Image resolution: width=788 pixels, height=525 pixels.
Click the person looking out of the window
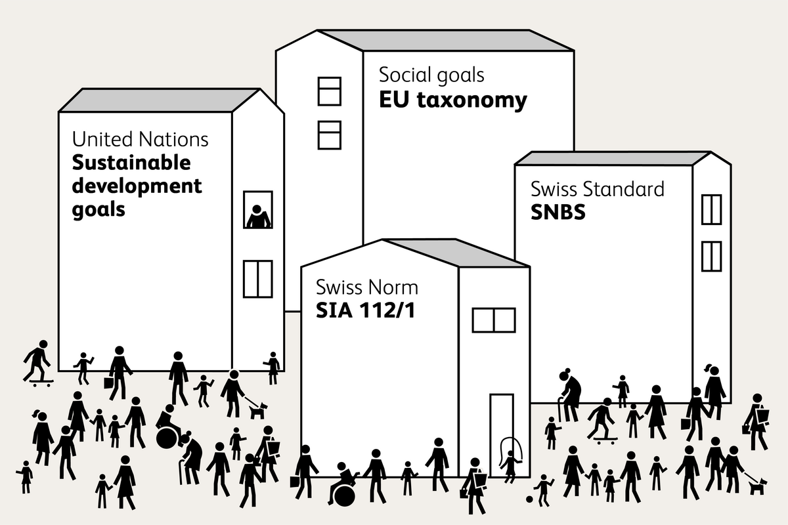[x=258, y=216]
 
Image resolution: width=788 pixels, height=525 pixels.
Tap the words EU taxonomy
[x=453, y=100]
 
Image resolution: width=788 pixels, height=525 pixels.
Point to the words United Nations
[x=140, y=140]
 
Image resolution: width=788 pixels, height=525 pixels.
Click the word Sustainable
[x=131, y=163]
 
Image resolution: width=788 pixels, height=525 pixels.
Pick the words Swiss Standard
[x=597, y=190]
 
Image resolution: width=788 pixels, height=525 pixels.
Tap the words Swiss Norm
[x=366, y=287]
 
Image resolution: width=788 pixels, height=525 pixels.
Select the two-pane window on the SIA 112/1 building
[x=493, y=320]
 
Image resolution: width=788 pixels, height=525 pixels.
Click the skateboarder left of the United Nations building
[x=37, y=362]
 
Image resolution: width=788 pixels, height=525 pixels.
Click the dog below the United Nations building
[x=257, y=409]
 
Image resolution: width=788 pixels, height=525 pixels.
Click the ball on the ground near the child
[x=529, y=501]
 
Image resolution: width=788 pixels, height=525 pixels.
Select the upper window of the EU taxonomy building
[x=330, y=91]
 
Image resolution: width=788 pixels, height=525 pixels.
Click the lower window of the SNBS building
[x=711, y=256]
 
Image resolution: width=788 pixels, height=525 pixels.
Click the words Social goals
[x=431, y=75]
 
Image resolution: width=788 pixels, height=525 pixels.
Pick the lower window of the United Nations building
[x=257, y=279]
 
